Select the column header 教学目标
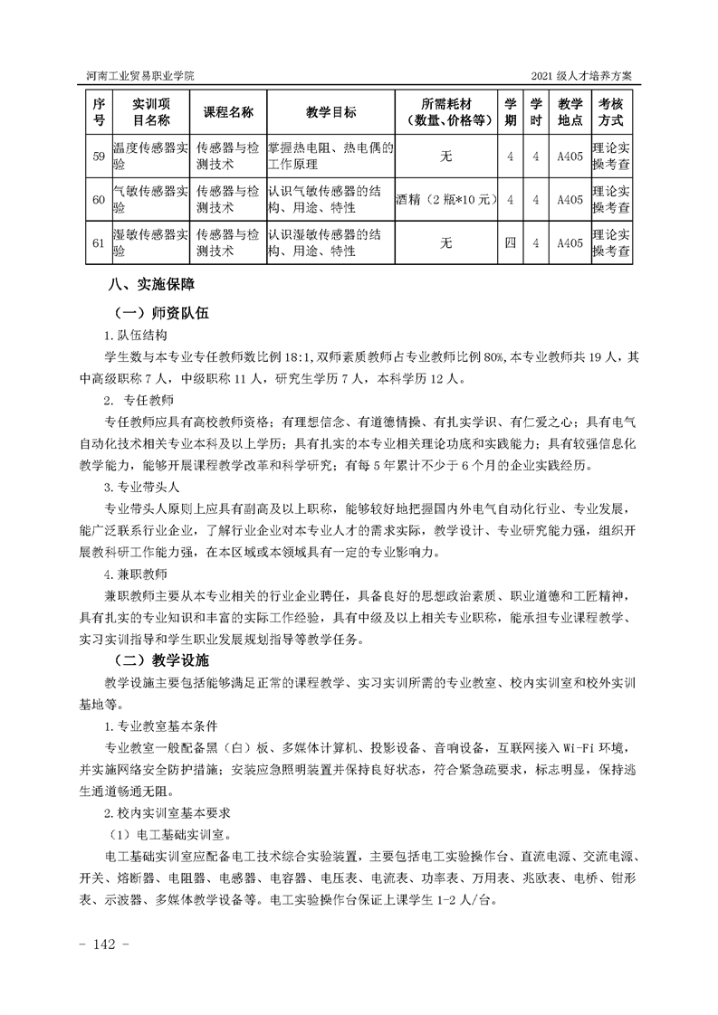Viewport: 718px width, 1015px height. (330, 112)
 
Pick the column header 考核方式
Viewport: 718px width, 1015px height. (611, 112)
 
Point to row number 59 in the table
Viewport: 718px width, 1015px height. (99, 157)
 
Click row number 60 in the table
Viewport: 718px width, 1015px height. (99, 199)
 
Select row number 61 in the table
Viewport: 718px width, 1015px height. (99, 242)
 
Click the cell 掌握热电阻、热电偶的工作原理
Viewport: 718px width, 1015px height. (330, 157)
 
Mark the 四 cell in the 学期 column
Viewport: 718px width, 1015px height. (511, 242)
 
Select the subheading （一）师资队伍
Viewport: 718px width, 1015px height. (162, 312)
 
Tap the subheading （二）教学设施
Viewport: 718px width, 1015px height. (162, 659)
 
